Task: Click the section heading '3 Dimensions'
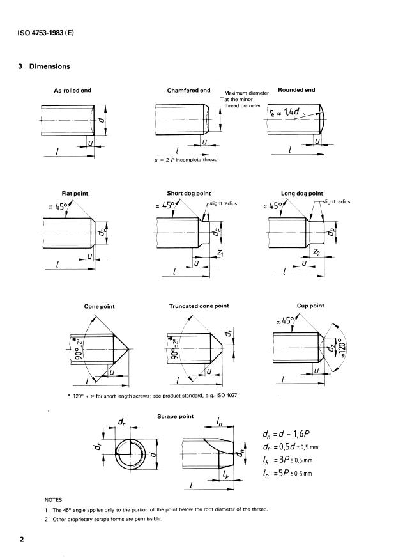click(x=44, y=66)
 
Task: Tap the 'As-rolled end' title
click(x=72, y=91)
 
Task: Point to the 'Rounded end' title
click(x=296, y=90)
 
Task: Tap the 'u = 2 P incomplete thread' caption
click(x=185, y=159)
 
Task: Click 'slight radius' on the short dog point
click(x=223, y=203)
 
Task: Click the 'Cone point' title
click(x=99, y=306)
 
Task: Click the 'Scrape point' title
click(x=175, y=416)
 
